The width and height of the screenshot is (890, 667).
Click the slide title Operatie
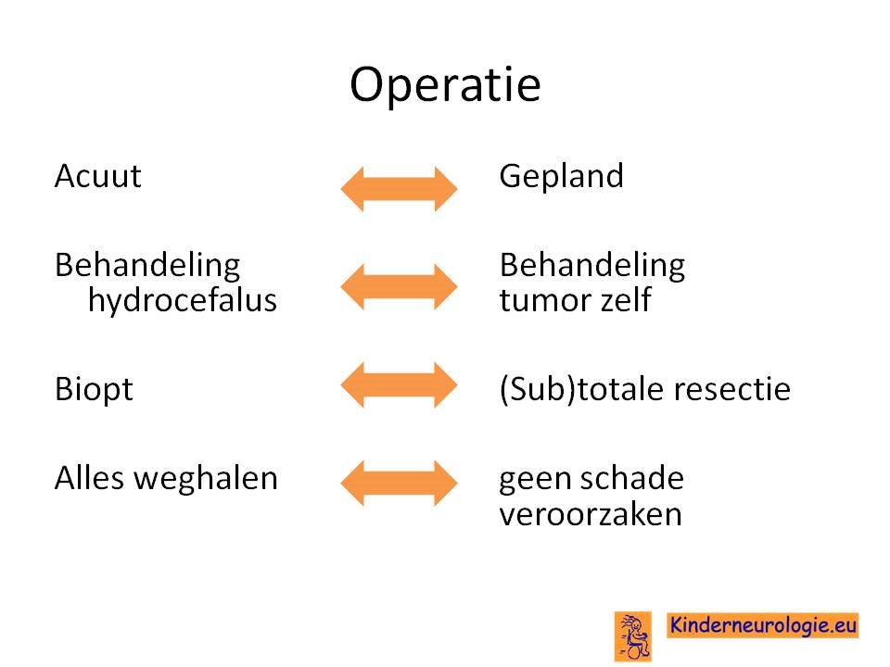445,85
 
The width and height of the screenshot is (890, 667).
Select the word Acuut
97,176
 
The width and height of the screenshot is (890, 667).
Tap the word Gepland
562,177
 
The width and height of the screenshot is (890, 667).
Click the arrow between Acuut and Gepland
399,189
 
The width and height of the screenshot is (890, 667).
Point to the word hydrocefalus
183,300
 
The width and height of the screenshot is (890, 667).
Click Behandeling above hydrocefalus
147,266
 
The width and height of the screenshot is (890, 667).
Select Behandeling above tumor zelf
592,266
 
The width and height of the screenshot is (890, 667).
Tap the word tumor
545,300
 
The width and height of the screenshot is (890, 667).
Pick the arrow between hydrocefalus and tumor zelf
399,286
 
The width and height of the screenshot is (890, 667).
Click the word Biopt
94,390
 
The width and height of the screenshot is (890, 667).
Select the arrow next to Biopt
399,385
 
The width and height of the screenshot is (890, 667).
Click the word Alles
89,478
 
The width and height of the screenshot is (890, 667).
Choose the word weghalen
206,479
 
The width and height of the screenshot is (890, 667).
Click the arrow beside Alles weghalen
399,484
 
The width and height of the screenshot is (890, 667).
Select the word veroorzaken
591,515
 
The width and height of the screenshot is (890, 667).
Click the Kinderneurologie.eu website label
762,625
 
